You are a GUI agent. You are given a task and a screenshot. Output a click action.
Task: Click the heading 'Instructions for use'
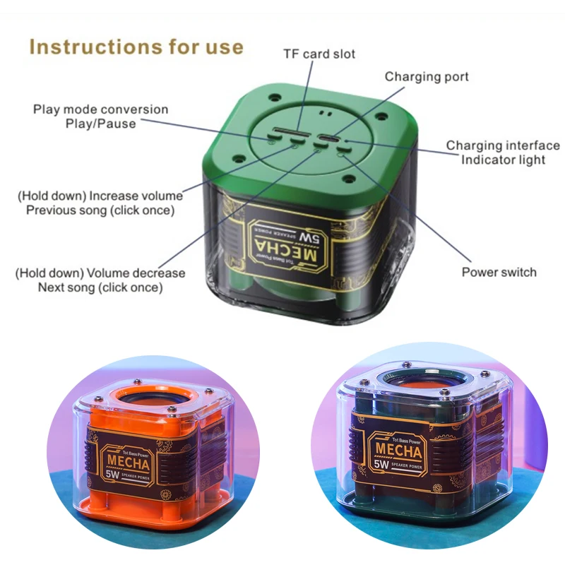click(x=136, y=47)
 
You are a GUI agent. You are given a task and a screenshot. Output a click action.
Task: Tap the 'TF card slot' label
click(x=319, y=54)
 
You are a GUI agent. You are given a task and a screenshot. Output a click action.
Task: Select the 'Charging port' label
click(x=427, y=76)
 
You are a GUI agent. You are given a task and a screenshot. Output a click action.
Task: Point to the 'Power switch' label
click(x=499, y=272)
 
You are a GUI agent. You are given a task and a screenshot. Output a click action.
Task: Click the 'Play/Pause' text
click(x=107, y=124)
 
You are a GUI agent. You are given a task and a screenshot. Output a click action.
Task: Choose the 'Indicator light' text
click(x=503, y=160)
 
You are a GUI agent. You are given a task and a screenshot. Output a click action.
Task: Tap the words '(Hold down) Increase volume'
click(x=100, y=196)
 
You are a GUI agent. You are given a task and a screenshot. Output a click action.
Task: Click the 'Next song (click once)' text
click(x=101, y=287)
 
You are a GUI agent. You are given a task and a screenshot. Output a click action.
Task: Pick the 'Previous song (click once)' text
click(x=100, y=210)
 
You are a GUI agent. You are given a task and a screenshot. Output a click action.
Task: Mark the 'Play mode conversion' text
click(x=100, y=109)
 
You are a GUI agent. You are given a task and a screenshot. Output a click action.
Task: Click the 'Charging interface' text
click(x=503, y=145)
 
